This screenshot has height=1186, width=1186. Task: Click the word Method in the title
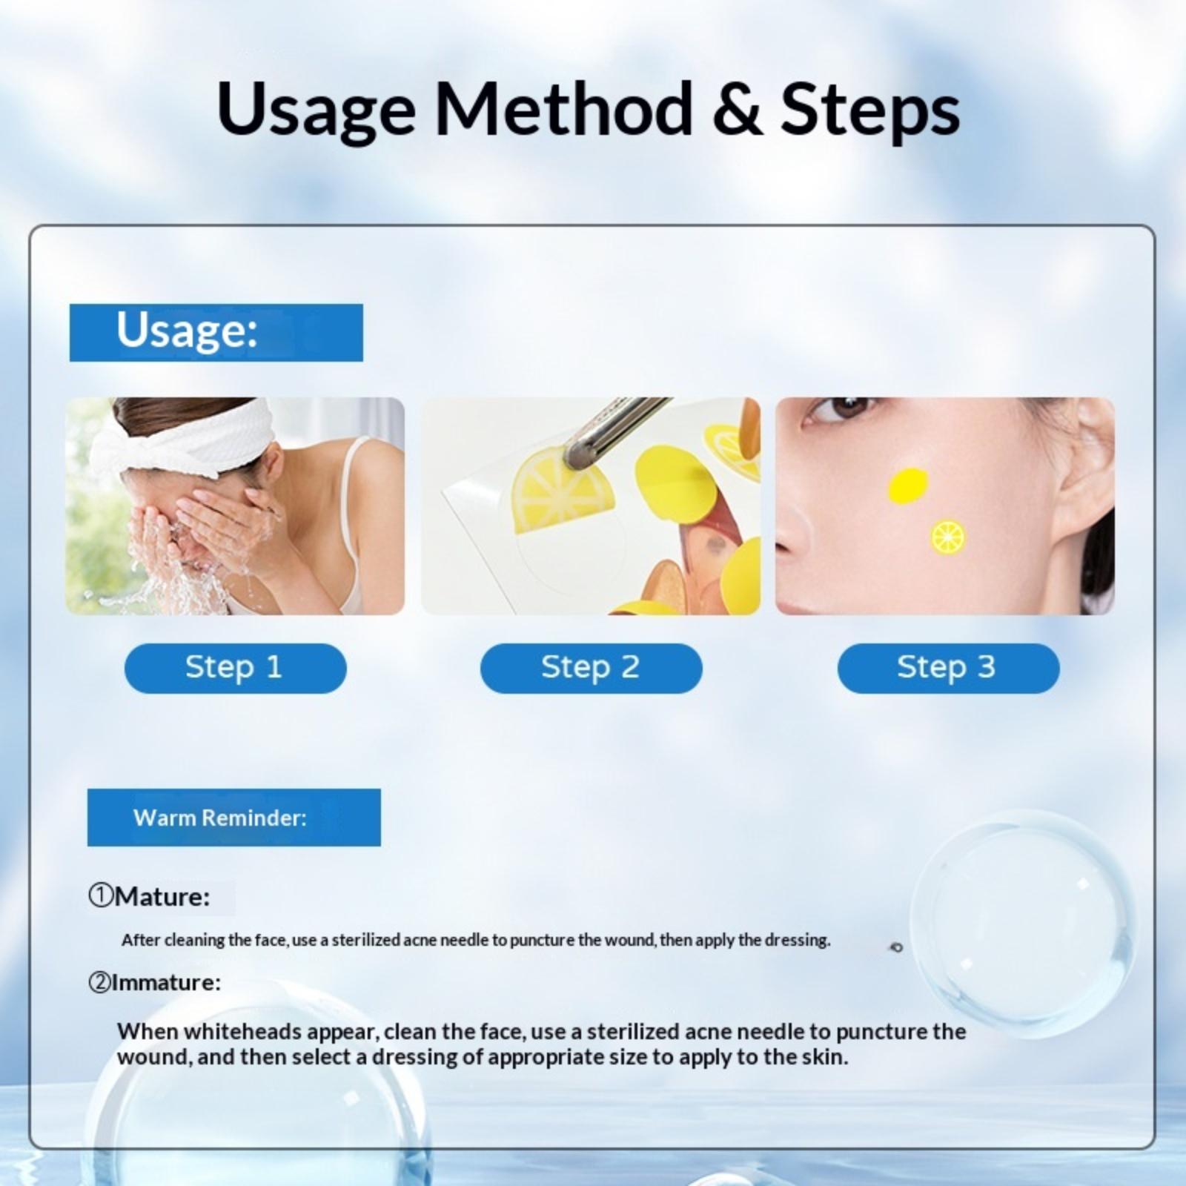[563, 109]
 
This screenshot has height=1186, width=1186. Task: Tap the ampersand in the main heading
[736, 110]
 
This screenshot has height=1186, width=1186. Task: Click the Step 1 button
[235, 668]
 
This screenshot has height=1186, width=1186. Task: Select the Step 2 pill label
[591, 668]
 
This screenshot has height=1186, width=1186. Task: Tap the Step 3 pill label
[948, 668]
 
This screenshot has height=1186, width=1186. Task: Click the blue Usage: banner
[216, 333]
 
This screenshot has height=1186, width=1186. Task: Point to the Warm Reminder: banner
[234, 818]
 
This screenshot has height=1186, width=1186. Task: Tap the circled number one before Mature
[100, 896]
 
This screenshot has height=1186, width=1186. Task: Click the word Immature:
[166, 983]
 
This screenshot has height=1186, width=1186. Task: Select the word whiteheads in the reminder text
[242, 1031]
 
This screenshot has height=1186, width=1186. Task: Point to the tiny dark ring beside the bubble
[897, 947]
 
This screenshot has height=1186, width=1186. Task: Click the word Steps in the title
[870, 111]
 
